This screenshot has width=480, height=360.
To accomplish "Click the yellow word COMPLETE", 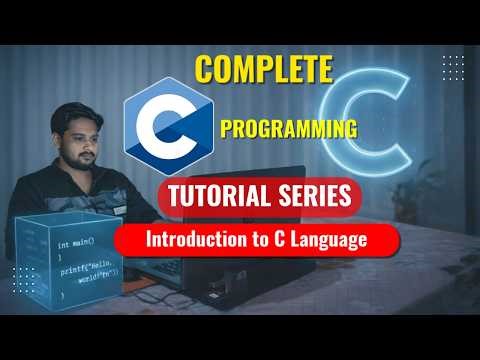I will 263,69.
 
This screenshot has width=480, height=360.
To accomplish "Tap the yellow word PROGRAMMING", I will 288,128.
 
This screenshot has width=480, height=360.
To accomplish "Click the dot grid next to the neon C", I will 451,68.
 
